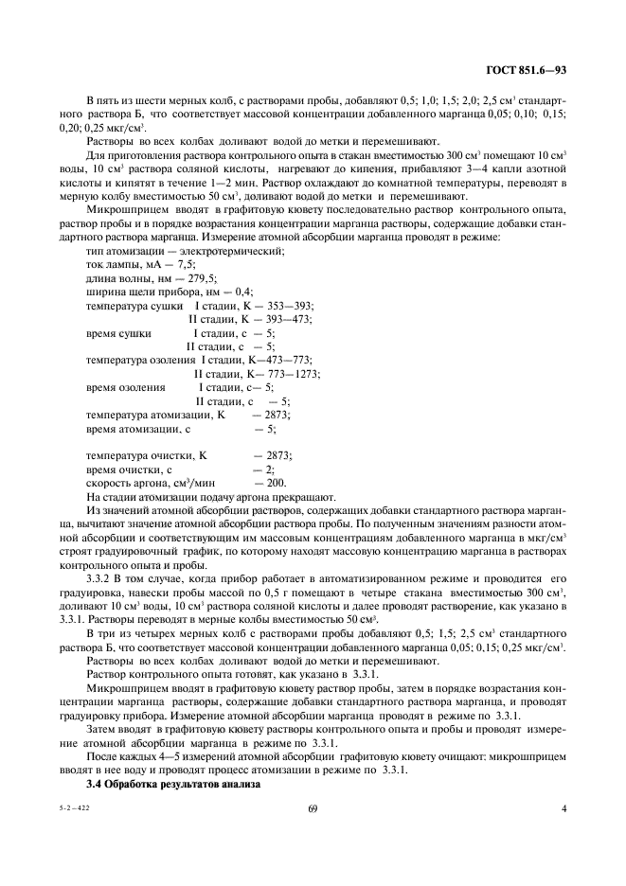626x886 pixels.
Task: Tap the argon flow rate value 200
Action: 277,483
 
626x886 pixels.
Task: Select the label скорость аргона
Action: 123,483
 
